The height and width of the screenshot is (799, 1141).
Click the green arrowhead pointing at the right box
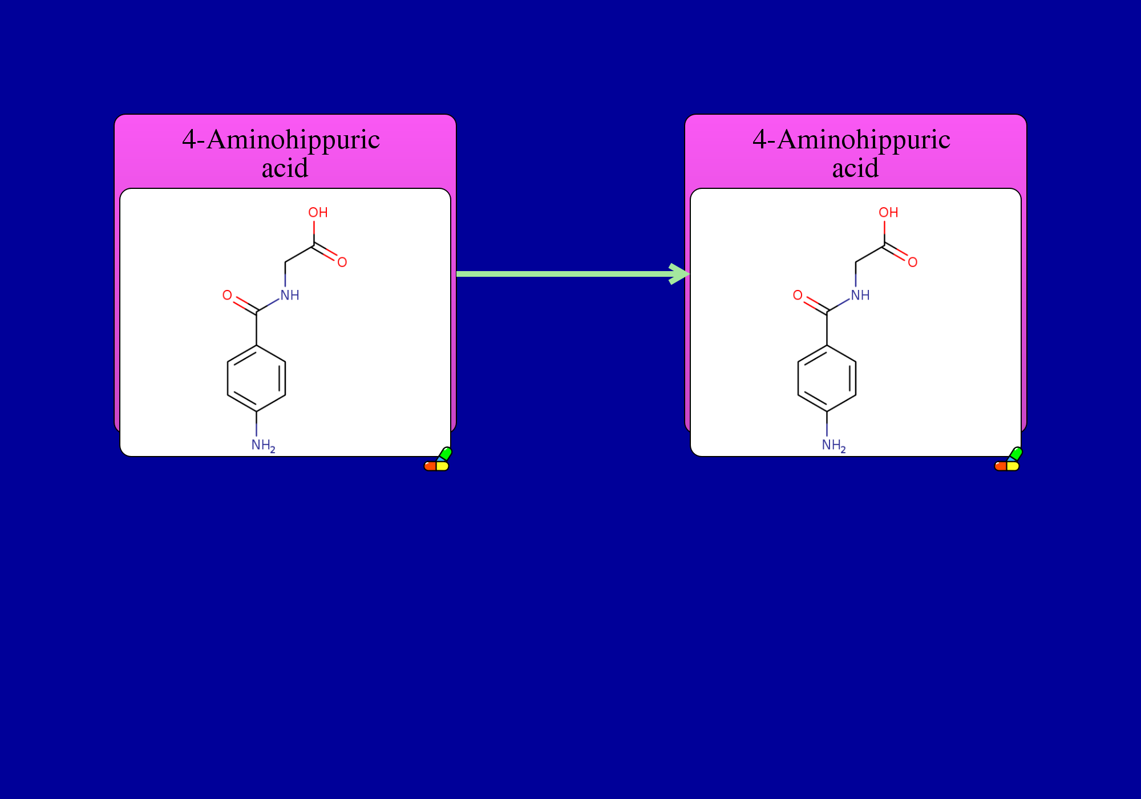[x=680, y=274]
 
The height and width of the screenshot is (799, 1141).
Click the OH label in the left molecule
[x=318, y=212]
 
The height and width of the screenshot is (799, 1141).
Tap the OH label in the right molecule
[x=888, y=212]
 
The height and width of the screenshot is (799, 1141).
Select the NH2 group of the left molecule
[x=263, y=445]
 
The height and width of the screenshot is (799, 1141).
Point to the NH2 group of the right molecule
[x=834, y=445]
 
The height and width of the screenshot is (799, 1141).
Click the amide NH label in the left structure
[x=290, y=295]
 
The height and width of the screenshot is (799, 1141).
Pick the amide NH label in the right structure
[x=860, y=295]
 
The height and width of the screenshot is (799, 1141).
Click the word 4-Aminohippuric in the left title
[x=281, y=140]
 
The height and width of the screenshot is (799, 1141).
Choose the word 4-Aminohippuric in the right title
[x=852, y=140]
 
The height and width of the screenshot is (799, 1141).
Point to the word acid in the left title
[x=285, y=168]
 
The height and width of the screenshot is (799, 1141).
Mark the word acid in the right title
[x=855, y=168]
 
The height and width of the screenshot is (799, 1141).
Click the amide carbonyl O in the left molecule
[x=227, y=295]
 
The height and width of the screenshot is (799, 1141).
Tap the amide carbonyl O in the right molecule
[x=798, y=295]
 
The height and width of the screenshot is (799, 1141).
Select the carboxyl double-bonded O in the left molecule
[x=342, y=262]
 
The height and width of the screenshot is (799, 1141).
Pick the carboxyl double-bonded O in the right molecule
[x=913, y=262]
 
